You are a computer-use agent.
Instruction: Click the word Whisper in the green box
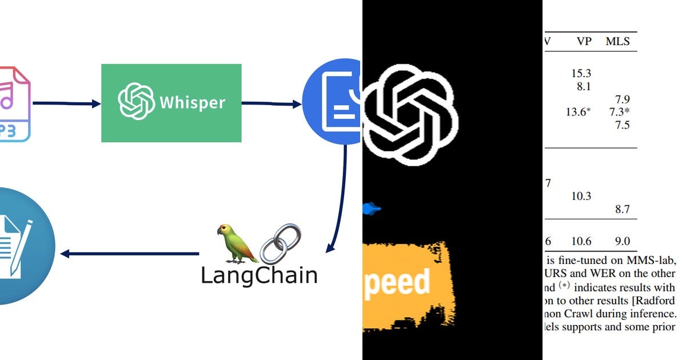pyautogui.click(x=192, y=103)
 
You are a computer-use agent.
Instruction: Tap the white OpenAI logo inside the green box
pyautogui.click(x=136, y=102)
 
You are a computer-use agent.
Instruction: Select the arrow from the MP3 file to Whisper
pyautogui.click(x=66, y=103)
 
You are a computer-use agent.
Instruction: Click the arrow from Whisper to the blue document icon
pyautogui.click(x=272, y=104)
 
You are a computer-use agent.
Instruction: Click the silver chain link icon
pyautogui.click(x=280, y=244)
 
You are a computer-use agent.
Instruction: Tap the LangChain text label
pyautogui.click(x=259, y=275)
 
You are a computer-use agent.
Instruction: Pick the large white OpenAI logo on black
pyautogui.click(x=410, y=115)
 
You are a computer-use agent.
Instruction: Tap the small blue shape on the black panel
pyautogui.click(x=371, y=210)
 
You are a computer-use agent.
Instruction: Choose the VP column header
pyautogui.click(x=584, y=41)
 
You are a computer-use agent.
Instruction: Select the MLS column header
pyautogui.click(x=618, y=41)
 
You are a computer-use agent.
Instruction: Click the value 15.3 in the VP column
pyautogui.click(x=581, y=73)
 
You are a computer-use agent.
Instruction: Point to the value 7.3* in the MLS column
pyautogui.click(x=620, y=112)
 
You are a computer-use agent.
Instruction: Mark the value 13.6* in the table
pyautogui.click(x=578, y=112)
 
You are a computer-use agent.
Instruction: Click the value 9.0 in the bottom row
pyautogui.click(x=622, y=241)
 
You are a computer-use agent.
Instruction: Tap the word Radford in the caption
pyautogui.click(x=656, y=301)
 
